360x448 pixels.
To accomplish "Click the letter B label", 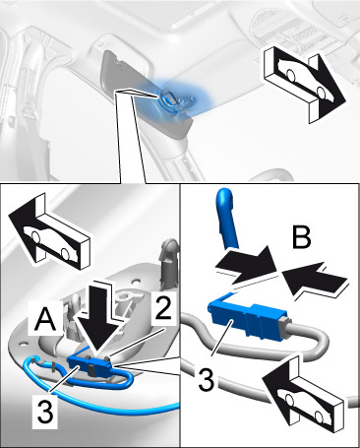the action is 302,237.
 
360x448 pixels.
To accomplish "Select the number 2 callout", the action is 163,308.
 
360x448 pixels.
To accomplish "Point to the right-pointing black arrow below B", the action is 246,267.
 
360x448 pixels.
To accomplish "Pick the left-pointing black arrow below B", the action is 314,278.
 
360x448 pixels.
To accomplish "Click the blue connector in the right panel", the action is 247,320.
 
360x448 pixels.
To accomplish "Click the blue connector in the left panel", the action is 90,365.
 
